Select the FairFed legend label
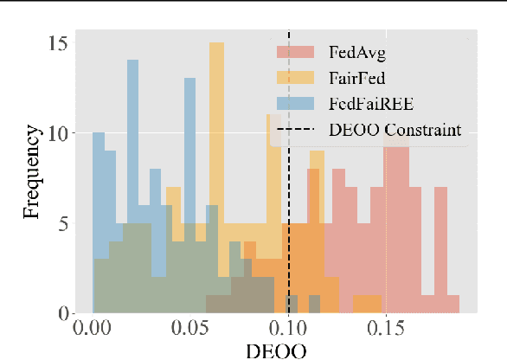pyautogui.click(x=357, y=79)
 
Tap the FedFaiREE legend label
pyautogui.click(x=369, y=105)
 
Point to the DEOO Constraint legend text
pyautogui.click(x=395, y=131)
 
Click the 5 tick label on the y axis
pyautogui.click(x=62, y=223)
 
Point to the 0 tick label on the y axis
pyautogui.click(x=62, y=313)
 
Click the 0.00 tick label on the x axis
pyautogui.click(x=93, y=331)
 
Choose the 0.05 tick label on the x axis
pyautogui.click(x=190, y=331)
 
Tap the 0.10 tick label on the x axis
pyautogui.click(x=288, y=331)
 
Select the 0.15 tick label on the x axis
pyautogui.click(x=386, y=331)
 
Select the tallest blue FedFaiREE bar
pyautogui.click(x=132, y=173)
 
